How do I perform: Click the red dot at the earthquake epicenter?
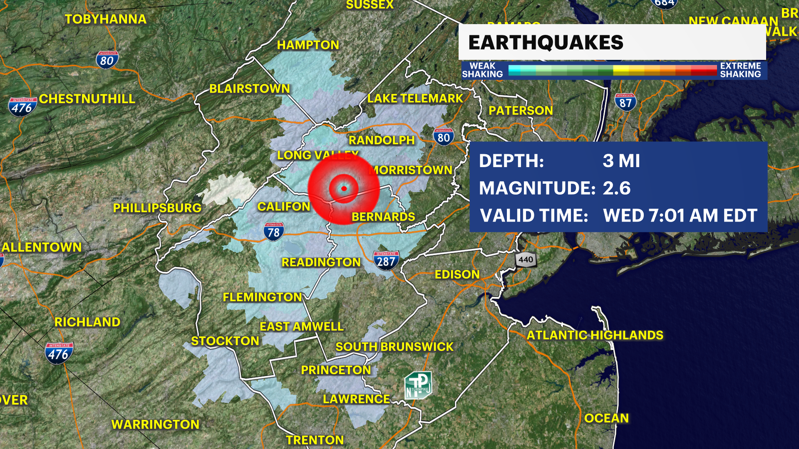point(344,189)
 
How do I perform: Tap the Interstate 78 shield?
point(273,232)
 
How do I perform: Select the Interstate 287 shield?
point(386,261)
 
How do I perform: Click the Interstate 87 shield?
point(625,102)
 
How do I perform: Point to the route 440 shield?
point(526,260)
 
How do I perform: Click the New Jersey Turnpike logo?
point(418,385)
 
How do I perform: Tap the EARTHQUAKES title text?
point(546,42)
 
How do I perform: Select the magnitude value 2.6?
point(617,188)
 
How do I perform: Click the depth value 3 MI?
point(621,161)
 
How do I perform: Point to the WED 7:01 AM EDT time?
point(680,216)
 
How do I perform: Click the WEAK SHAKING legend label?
point(482,70)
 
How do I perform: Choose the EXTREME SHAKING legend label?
point(740,70)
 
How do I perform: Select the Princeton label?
point(336,370)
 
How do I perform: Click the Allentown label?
point(42,247)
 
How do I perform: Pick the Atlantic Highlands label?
point(595,335)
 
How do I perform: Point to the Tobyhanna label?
point(106,19)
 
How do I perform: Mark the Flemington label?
point(262,297)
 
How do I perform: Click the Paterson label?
point(521,111)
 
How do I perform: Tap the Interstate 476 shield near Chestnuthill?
point(22,107)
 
